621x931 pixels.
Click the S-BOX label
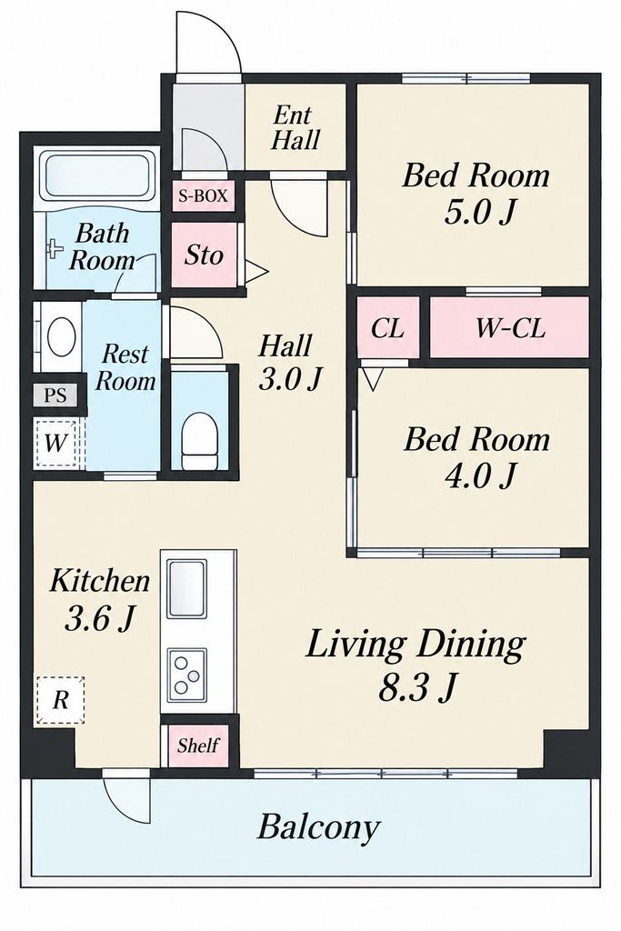pyautogui.click(x=203, y=195)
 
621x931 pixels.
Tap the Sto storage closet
pyautogui.click(x=205, y=255)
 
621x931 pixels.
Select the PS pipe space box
pyautogui.click(x=55, y=395)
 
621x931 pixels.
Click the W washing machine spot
pyautogui.click(x=55, y=443)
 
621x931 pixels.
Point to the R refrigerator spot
pyautogui.click(x=60, y=700)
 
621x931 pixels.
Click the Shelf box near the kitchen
pyautogui.click(x=197, y=746)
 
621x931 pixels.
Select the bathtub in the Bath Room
pyautogui.click(x=98, y=175)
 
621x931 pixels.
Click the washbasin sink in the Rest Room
pyautogui.click(x=61, y=336)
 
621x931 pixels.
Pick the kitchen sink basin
pyautogui.click(x=185, y=589)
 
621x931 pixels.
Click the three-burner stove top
pyautogui.click(x=187, y=673)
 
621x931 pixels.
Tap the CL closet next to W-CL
pyautogui.click(x=387, y=327)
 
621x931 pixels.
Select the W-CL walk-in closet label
pyautogui.click(x=510, y=327)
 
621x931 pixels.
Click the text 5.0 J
pyautogui.click(x=478, y=212)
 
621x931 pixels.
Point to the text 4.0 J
pyautogui.click(x=479, y=475)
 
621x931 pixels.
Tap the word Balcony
pyautogui.click(x=318, y=827)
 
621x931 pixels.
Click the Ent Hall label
pyautogui.click(x=295, y=127)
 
